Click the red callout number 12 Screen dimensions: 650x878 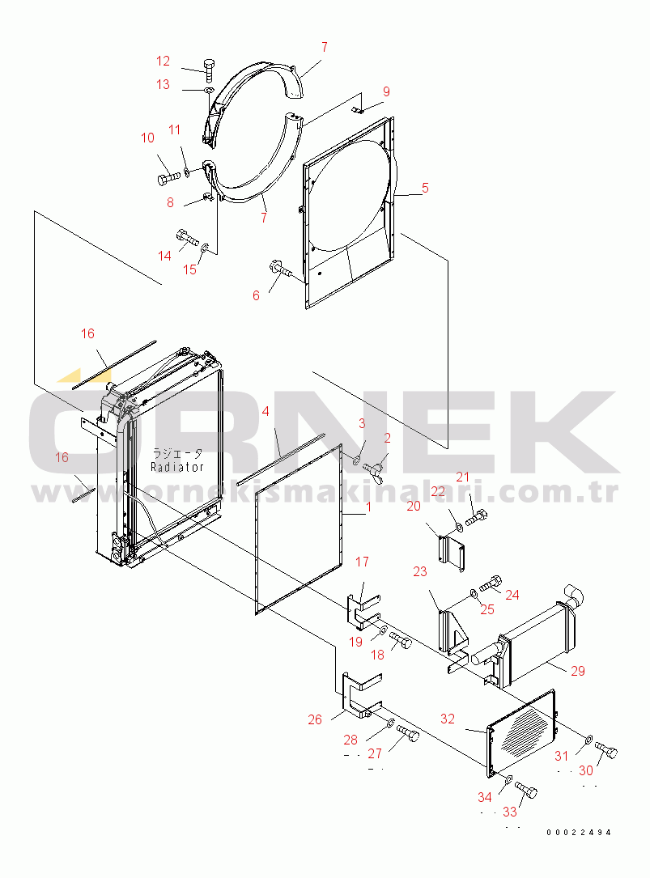point(163,61)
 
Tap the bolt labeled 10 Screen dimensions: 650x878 point(168,179)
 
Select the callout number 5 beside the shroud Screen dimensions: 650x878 point(425,188)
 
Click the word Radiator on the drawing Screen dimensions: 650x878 point(177,466)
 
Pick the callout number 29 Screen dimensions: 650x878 point(578,671)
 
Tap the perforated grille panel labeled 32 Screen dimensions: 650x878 point(521,733)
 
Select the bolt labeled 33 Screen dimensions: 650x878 point(525,791)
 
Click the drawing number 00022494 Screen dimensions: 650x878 point(579,833)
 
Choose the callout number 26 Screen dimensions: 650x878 point(315,719)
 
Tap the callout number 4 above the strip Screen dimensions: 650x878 point(266,412)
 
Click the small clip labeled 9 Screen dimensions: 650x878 point(359,110)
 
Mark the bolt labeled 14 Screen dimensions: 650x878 point(188,238)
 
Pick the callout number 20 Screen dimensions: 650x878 point(414,507)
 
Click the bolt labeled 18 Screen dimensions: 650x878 point(400,640)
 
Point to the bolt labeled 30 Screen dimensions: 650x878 point(605,749)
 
